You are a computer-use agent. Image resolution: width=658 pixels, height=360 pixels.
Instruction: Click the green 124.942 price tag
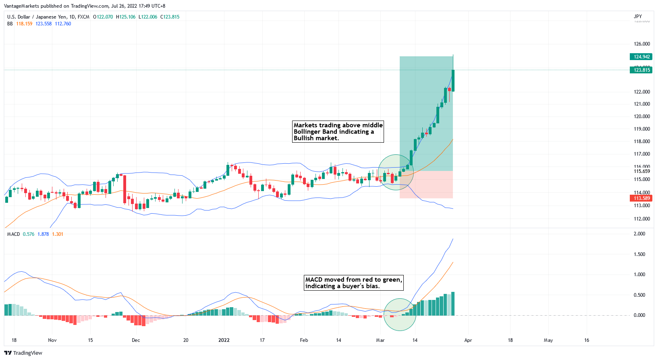(641, 57)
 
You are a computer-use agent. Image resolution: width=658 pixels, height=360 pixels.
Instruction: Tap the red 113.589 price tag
(641, 198)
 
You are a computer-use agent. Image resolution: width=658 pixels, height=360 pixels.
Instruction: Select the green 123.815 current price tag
(641, 70)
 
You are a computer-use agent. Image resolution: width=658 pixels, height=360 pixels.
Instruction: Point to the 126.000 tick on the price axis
(641, 44)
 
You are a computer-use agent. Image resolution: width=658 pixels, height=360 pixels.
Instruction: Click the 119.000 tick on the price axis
(641, 129)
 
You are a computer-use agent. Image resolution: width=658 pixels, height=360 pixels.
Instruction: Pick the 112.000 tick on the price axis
(641, 219)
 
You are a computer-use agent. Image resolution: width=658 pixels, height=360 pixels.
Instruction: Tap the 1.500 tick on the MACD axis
(639, 254)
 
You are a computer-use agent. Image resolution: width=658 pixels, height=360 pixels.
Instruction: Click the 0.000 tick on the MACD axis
(639, 315)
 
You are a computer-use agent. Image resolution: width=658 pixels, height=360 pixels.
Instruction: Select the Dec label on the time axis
(136, 340)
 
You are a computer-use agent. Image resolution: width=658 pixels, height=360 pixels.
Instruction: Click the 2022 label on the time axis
(224, 340)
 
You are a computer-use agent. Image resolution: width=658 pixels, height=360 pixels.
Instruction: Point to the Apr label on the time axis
(468, 340)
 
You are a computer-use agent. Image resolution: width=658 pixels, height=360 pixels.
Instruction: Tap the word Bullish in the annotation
(305, 138)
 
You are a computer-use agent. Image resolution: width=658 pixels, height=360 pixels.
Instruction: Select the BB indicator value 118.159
(24, 24)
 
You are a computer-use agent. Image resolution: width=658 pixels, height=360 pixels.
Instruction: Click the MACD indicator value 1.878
(43, 234)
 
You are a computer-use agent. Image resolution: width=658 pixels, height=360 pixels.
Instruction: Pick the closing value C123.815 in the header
(170, 17)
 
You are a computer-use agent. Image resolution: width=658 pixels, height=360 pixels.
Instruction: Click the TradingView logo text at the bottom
(27, 353)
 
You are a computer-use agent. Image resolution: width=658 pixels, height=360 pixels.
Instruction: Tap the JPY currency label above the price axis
(638, 17)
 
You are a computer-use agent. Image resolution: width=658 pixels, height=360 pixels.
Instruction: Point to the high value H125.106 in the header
(126, 17)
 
